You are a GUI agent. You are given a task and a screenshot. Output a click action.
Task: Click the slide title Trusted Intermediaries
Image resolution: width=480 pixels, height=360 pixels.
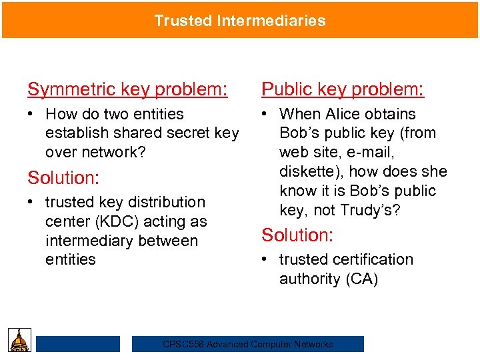click(x=240, y=21)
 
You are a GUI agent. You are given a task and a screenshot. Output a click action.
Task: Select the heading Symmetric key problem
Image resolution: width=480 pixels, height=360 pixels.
click(x=127, y=89)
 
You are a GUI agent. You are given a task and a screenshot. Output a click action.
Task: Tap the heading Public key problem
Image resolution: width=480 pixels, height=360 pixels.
click(x=343, y=89)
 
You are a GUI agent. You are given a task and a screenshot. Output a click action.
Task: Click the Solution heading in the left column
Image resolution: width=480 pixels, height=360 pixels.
click(x=62, y=178)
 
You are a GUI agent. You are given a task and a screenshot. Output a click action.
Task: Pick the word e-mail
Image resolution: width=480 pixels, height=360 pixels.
click(x=372, y=152)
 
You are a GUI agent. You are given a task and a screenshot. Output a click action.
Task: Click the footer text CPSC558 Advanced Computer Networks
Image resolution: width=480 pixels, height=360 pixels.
click(x=248, y=344)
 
